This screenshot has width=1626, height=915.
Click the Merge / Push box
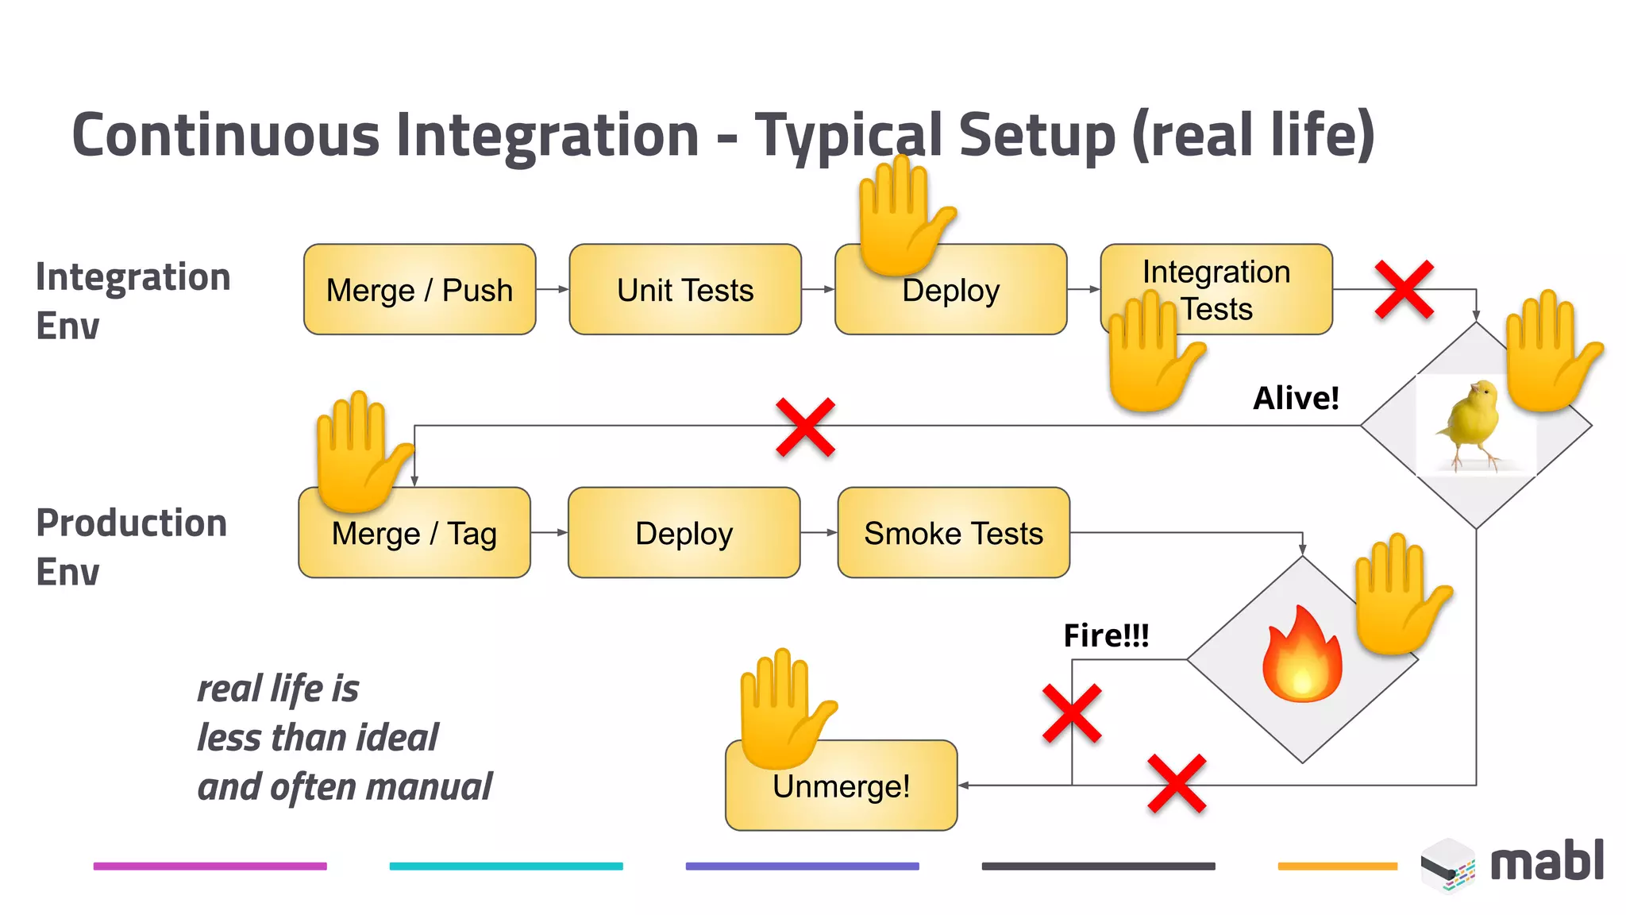pos(419,290)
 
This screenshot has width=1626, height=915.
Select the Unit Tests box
pos(685,290)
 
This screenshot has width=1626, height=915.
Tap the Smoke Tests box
pos(954,533)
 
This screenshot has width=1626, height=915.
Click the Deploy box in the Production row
pos(684,533)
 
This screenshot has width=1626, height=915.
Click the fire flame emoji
pos(1302,655)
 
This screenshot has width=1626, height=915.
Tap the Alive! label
pos(1296,398)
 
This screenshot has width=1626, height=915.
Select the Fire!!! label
pos(1106,635)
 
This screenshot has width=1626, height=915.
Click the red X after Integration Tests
pos(1404,290)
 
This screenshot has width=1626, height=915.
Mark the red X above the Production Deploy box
pos(805,427)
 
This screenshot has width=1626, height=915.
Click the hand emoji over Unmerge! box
pos(782,707)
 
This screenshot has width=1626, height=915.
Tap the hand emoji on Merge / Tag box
pos(360,450)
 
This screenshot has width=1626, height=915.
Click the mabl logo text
pos(1547,862)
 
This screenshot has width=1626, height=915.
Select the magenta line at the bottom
pos(210,866)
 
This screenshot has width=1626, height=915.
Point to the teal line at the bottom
pos(506,866)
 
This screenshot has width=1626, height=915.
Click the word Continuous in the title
pos(225,135)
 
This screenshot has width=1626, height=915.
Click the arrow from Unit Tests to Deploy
pos(818,290)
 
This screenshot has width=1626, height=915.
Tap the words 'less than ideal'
pos(318,737)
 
